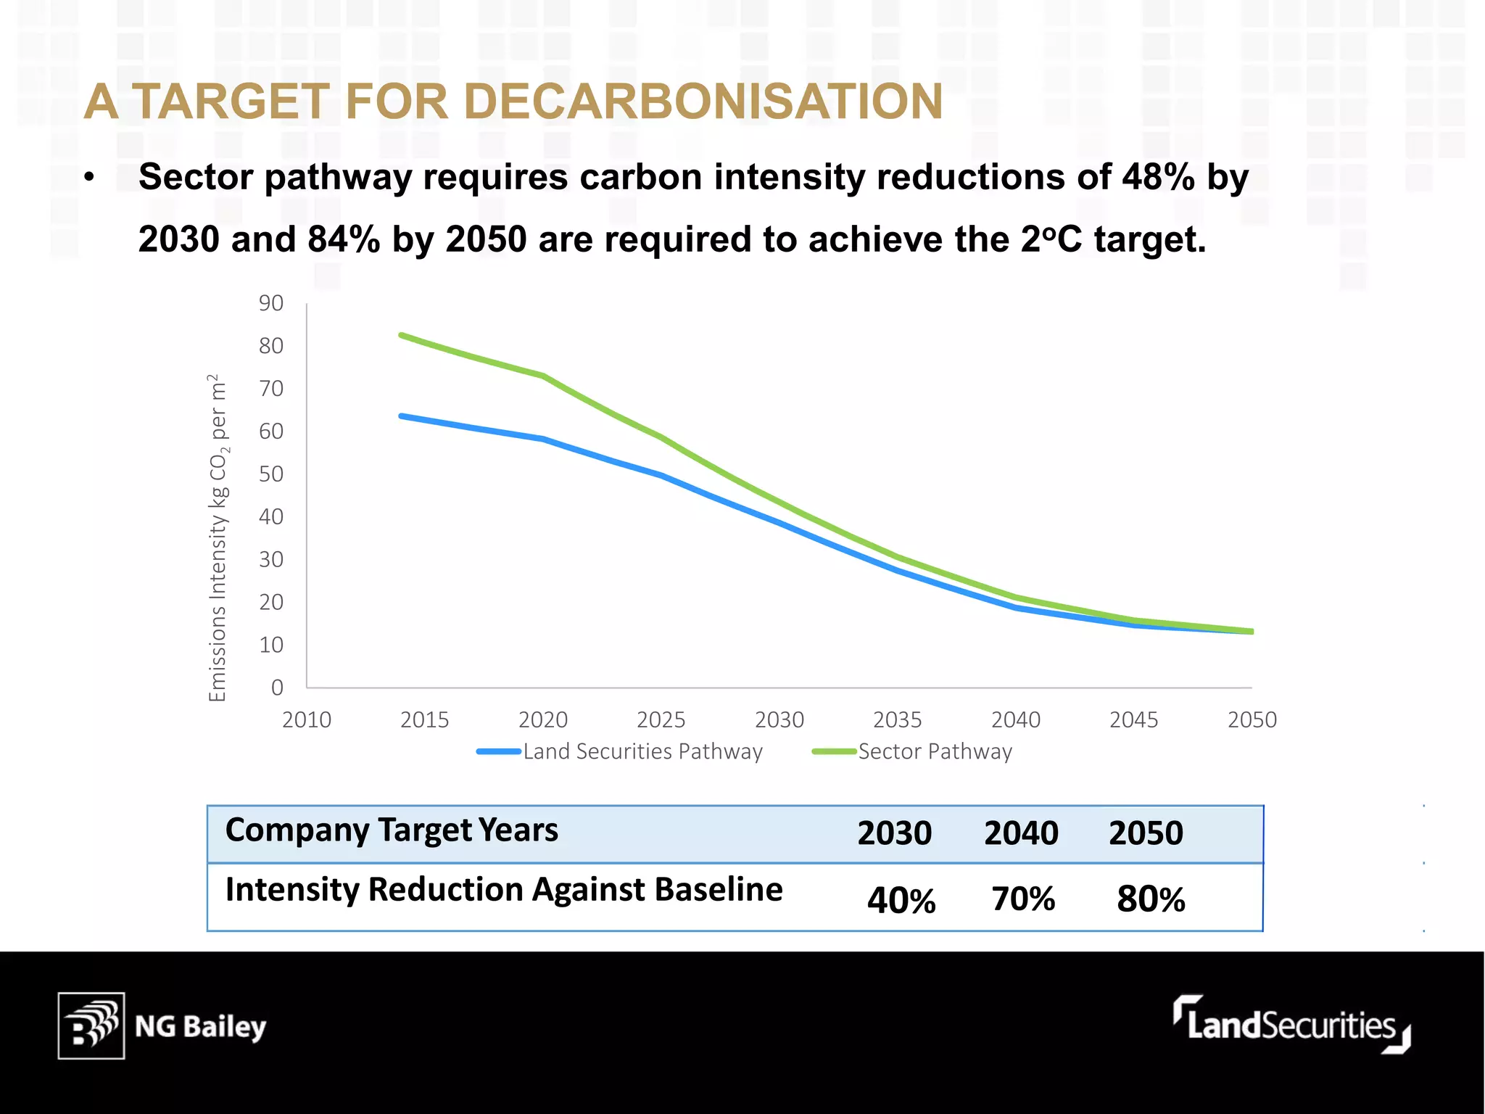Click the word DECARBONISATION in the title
[x=703, y=102]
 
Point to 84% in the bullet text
[x=344, y=239]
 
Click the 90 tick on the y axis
[x=271, y=303]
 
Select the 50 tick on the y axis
[x=271, y=474]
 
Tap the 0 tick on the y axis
[x=277, y=688]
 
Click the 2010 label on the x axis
[x=306, y=720]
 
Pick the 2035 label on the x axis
[x=897, y=720]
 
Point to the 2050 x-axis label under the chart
[x=1252, y=720]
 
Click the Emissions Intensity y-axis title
[x=218, y=537]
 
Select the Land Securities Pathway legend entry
[x=621, y=751]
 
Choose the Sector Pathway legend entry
[x=913, y=751]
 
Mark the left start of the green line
[x=402, y=335]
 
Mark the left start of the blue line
[x=402, y=416]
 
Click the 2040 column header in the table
[x=1021, y=833]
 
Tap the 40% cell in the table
[x=901, y=900]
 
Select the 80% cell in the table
[x=1151, y=899]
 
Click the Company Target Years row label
[x=392, y=830]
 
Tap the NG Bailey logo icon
[x=91, y=1026]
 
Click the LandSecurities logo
[x=1291, y=1024]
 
